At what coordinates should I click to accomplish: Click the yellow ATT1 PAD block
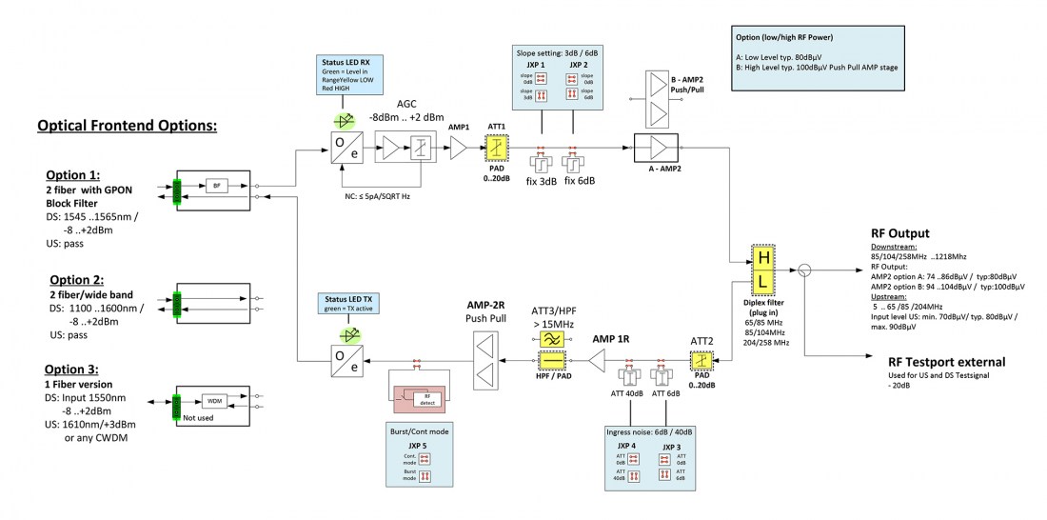tap(496, 149)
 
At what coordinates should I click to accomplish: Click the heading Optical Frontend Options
tap(128, 126)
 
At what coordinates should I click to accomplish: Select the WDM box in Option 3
tap(216, 401)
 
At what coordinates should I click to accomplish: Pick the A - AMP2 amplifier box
tap(658, 149)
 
